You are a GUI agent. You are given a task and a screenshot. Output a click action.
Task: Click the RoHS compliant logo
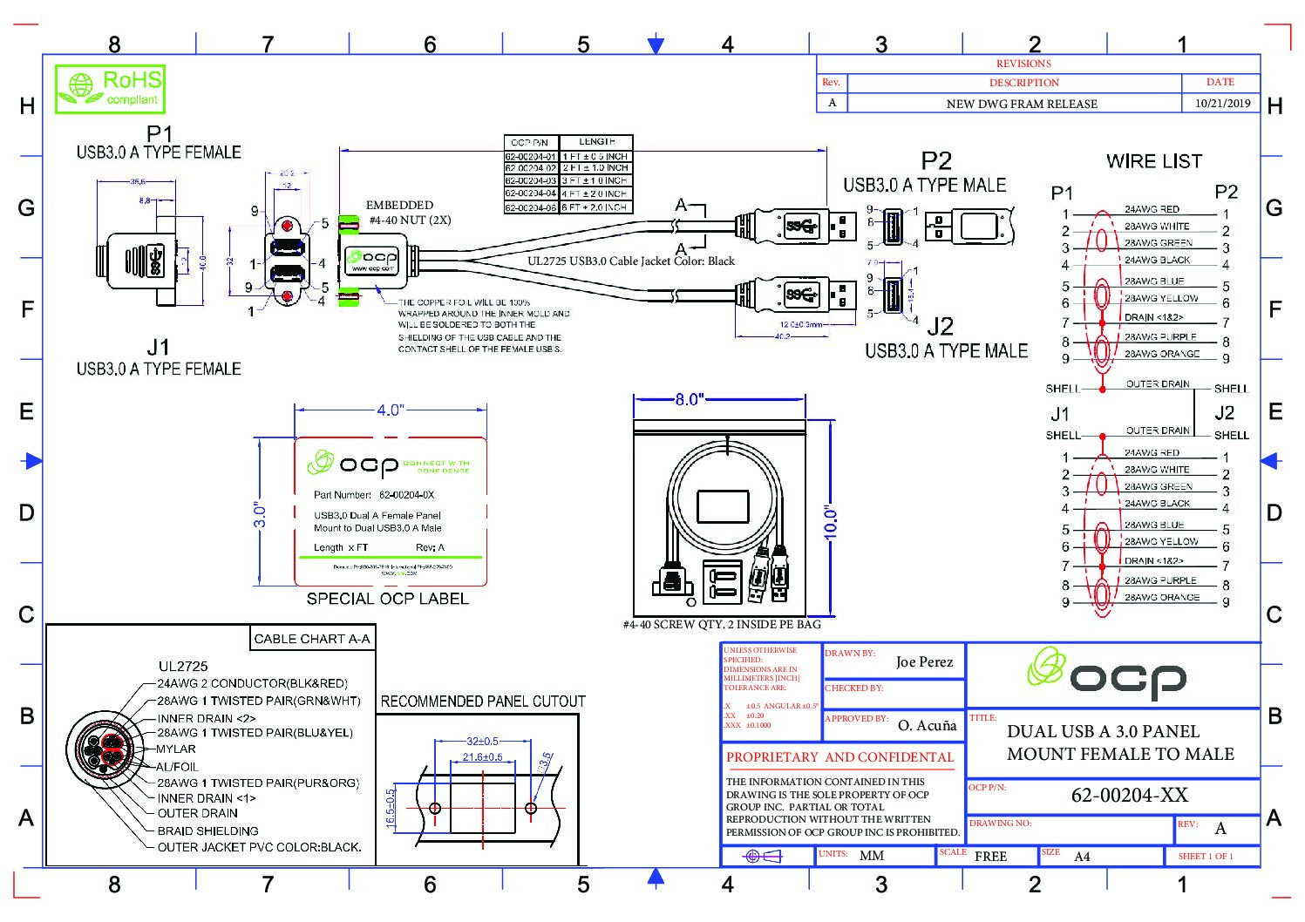tap(110, 88)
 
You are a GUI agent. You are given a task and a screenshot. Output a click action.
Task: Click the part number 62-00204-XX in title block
tap(1129, 795)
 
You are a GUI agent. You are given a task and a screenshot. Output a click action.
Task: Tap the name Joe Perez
tap(924, 662)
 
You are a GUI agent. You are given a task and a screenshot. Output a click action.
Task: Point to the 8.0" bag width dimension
tap(688, 399)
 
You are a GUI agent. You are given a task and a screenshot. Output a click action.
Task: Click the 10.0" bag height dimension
tap(830, 523)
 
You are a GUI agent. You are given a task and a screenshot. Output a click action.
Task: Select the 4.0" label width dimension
tap(390, 410)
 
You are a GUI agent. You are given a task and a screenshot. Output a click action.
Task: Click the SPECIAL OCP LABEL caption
tap(387, 599)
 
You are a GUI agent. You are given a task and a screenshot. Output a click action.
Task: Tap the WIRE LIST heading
tap(1153, 161)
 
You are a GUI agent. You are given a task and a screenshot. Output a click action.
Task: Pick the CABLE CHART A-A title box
tap(311, 639)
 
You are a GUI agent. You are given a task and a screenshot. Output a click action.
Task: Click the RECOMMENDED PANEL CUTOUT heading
tap(483, 701)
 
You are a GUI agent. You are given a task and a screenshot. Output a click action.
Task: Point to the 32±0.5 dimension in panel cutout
tap(482, 741)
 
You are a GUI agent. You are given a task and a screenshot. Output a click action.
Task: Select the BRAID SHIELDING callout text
tap(207, 830)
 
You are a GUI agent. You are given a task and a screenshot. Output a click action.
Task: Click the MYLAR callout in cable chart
tap(176, 749)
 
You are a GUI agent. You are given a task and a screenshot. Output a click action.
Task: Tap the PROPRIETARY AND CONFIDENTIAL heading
tap(839, 757)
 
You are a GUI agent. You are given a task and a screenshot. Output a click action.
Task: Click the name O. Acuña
tap(927, 725)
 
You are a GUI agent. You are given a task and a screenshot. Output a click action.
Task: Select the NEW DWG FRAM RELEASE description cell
tap(1021, 104)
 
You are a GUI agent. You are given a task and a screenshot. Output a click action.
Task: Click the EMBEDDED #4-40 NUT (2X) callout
tap(409, 213)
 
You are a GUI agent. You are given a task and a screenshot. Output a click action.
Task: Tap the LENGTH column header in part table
tap(596, 141)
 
